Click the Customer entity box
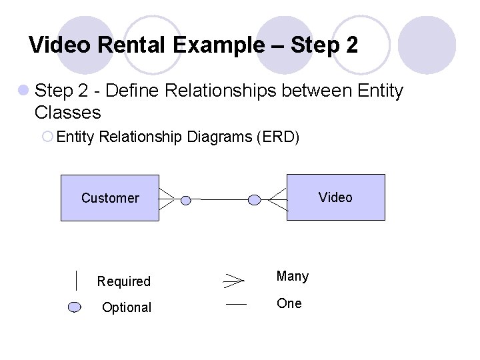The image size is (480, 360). tap(110, 197)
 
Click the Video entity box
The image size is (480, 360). tap(335, 197)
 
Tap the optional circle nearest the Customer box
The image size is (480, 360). tap(186, 199)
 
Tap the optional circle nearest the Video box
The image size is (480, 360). tap(254, 199)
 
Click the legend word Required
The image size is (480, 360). tap(124, 281)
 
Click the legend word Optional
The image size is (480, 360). tap(127, 307)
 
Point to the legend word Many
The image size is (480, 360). tap(293, 276)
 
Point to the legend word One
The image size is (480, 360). tap(289, 303)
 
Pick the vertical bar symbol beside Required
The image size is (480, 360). tap(77, 281)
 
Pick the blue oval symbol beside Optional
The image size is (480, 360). tap(75, 307)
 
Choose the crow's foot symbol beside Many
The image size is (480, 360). tap(233, 280)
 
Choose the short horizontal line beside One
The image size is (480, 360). tap(236, 304)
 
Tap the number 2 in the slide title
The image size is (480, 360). tap(352, 45)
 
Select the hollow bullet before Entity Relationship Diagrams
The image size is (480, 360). tap(47, 137)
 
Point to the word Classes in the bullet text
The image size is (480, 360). tap(67, 111)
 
